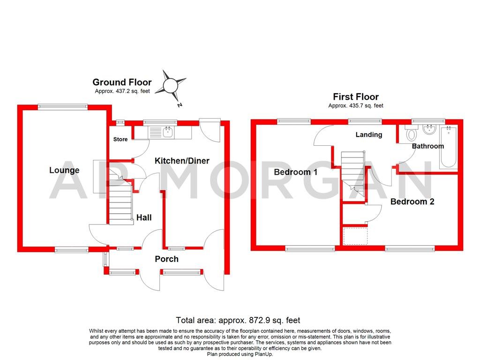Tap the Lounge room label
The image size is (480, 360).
pos(64,170)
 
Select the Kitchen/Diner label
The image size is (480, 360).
pos(182,161)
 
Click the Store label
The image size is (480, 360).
pos(120,139)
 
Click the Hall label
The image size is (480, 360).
pos(144,217)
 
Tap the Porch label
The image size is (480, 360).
pos(166,259)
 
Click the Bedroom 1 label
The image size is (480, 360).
pos(295,172)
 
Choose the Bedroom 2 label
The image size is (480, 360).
pos(412,202)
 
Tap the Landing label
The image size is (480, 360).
pos(368,135)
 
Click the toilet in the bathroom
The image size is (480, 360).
pos(412,133)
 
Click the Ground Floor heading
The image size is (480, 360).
pos(122,82)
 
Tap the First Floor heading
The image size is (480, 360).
pos(355,97)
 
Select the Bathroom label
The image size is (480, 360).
pos(427,146)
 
